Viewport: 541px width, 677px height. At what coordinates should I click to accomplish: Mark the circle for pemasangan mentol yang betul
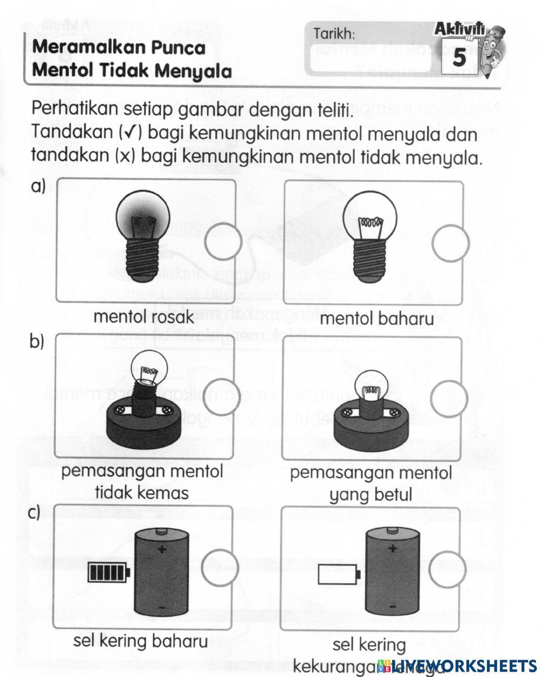coord(449,399)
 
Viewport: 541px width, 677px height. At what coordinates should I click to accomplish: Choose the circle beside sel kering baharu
coord(221,565)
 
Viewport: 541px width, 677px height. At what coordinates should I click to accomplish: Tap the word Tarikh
coord(334,35)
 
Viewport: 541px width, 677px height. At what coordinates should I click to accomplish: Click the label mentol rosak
coord(143,317)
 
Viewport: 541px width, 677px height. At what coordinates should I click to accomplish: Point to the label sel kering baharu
coord(140,642)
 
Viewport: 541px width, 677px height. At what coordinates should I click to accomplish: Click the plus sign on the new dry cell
coord(161,550)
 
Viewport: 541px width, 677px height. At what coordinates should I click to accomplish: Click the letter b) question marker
coord(37,342)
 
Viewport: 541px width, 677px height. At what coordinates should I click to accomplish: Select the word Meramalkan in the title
coord(84,48)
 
